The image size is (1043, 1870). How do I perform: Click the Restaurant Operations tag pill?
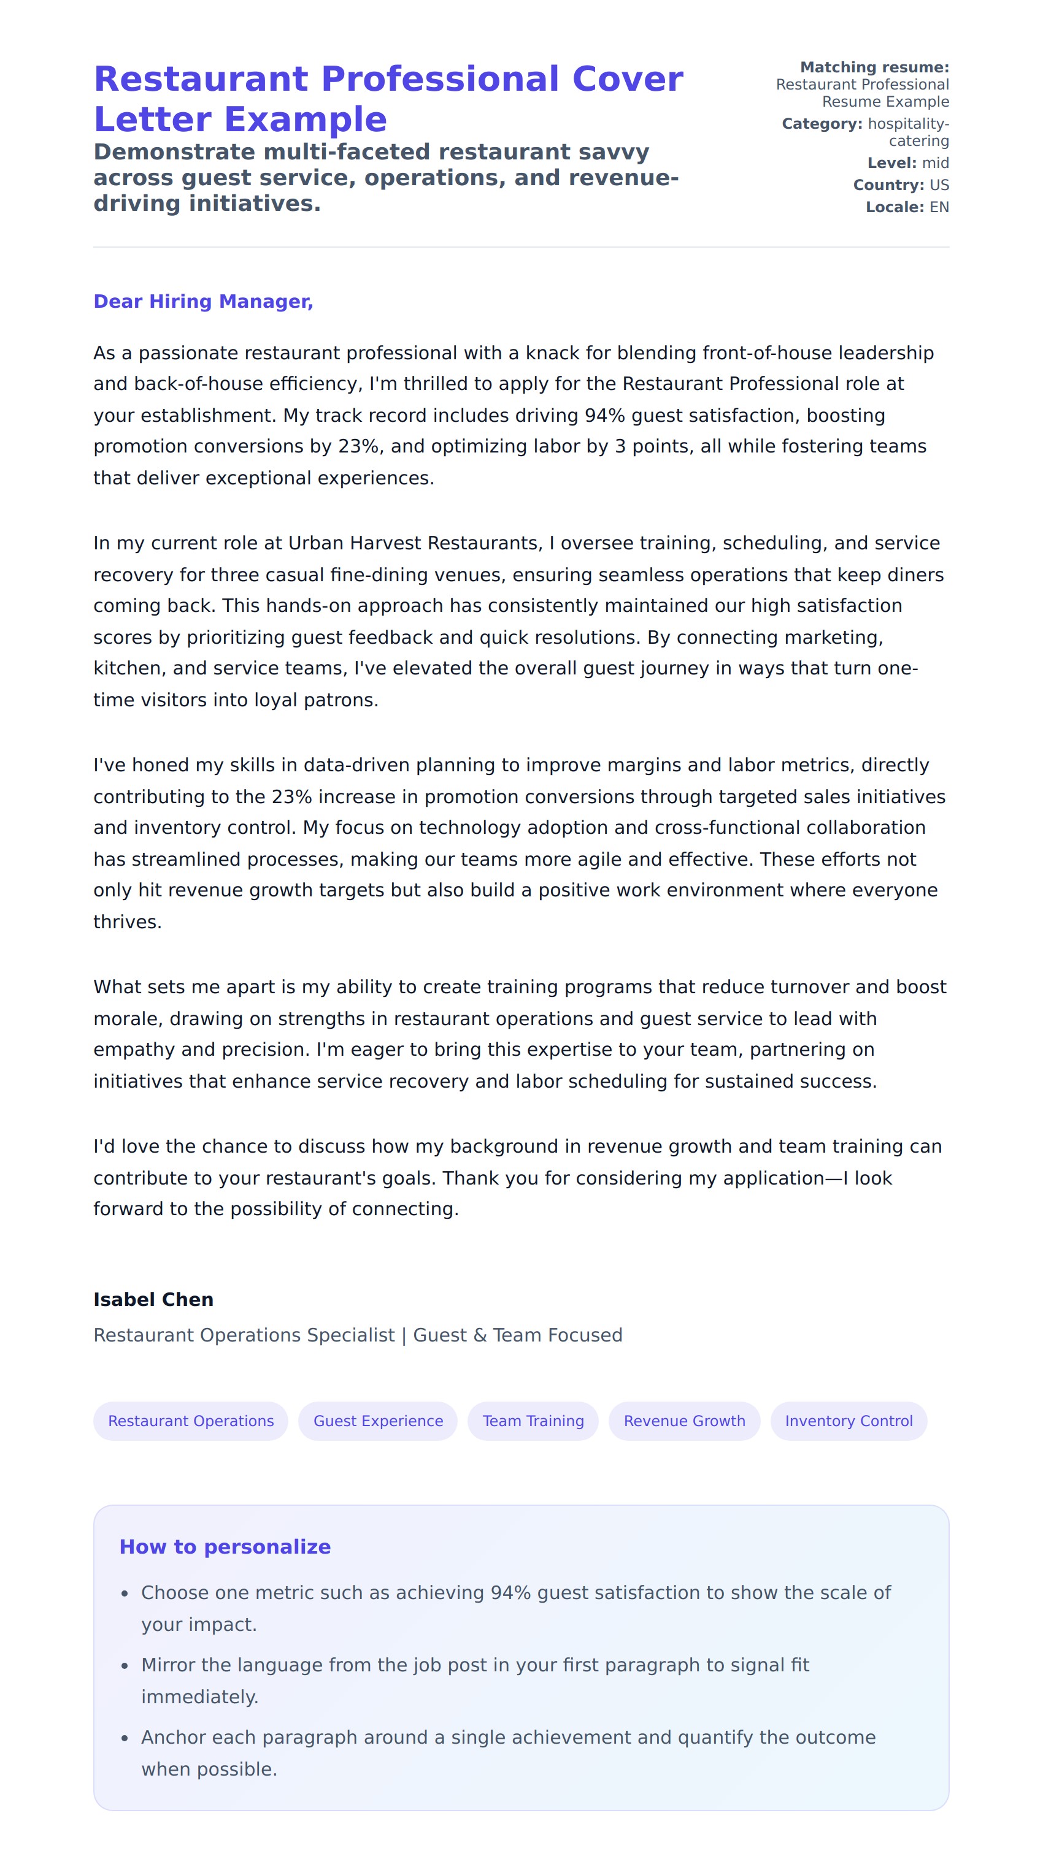[x=190, y=1421]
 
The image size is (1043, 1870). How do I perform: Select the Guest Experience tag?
[x=378, y=1421]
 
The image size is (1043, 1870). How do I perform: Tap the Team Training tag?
[x=533, y=1421]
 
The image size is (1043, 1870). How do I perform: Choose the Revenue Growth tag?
[x=684, y=1421]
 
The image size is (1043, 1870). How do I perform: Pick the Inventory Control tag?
[x=849, y=1421]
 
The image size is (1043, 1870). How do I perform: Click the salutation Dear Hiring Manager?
[x=202, y=301]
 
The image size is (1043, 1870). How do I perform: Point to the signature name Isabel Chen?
[x=153, y=1299]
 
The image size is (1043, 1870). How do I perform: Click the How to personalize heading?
[x=225, y=1547]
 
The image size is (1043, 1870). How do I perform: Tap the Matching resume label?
[x=874, y=67]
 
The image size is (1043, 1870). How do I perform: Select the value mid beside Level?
[x=935, y=163]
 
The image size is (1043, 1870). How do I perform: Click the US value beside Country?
[x=939, y=185]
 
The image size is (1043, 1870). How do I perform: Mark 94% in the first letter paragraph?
[x=604, y=416]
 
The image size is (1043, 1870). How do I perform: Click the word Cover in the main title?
[x=628, y=79]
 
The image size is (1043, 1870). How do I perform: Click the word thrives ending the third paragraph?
[x=126, y=923]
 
